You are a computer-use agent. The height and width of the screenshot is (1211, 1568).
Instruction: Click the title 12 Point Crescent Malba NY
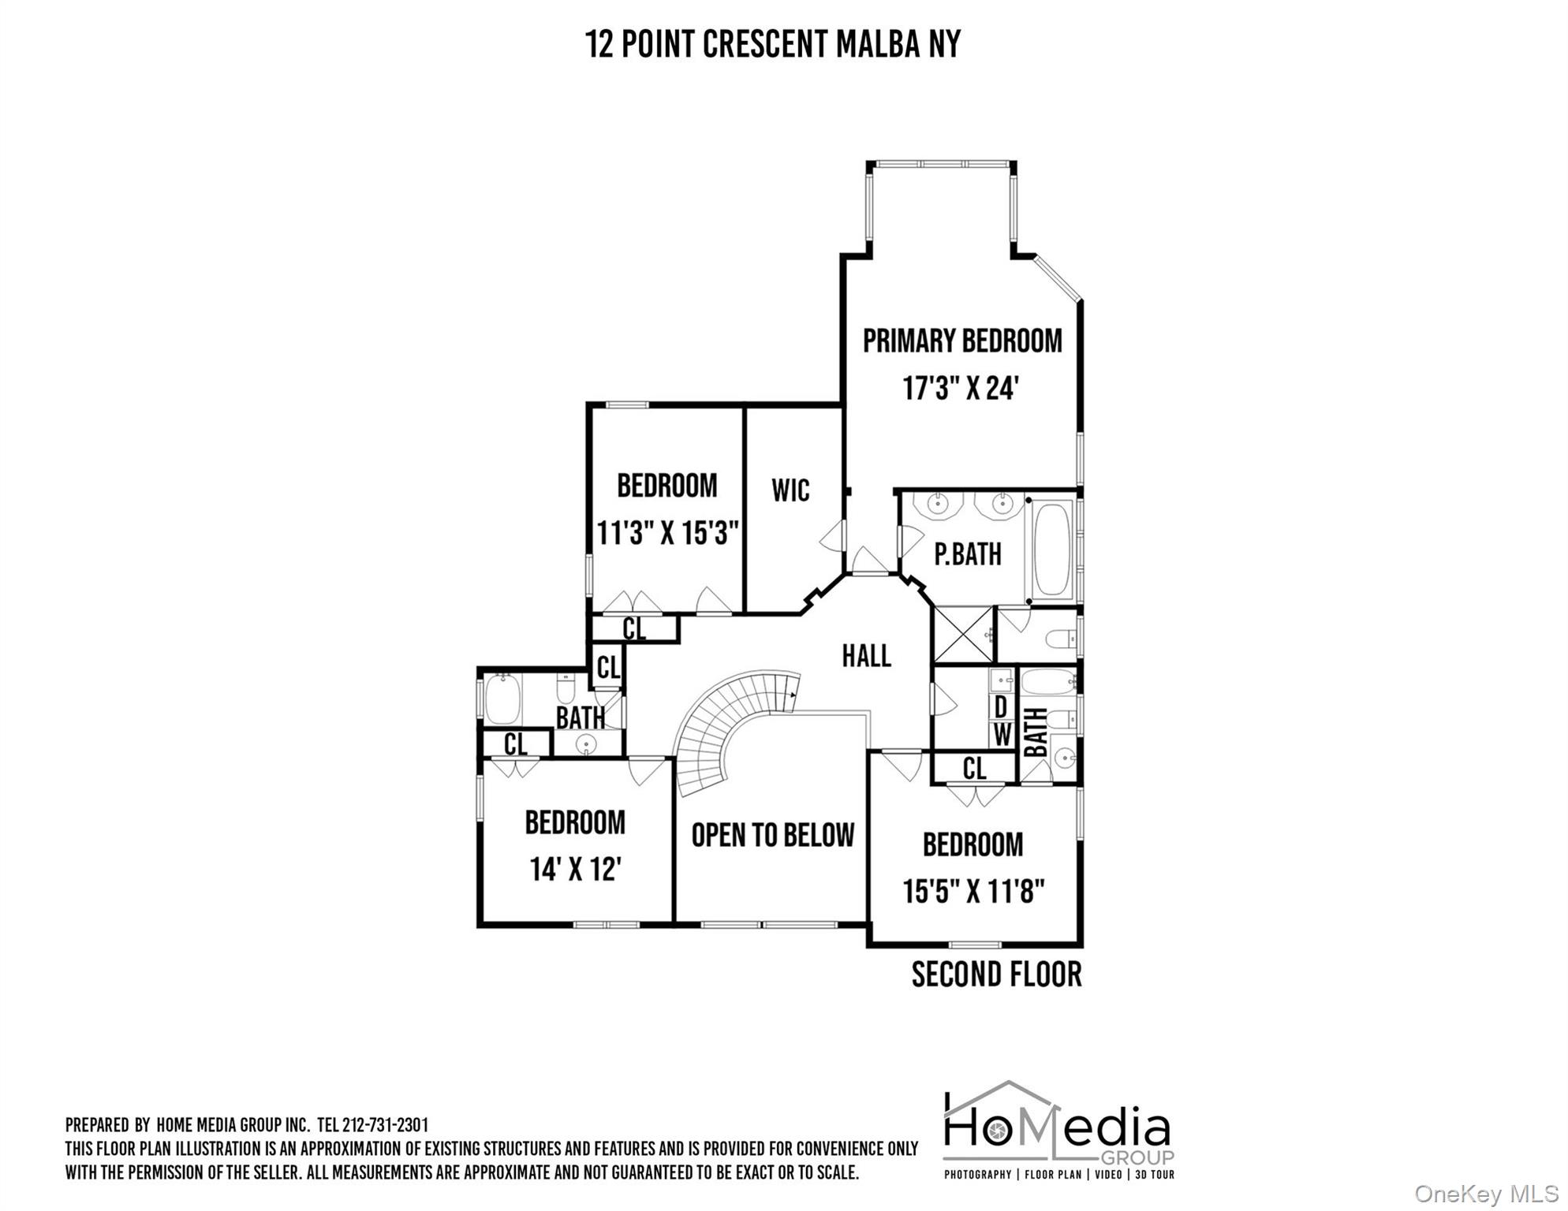(773, 44)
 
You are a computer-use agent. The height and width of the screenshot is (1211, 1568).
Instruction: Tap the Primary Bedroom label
(962, 341)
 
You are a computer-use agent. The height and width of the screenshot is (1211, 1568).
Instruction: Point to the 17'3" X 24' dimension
(961, 388)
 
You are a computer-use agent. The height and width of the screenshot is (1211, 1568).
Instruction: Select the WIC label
(790, 490)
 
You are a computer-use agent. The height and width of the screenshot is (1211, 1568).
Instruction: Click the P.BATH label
(968, 554)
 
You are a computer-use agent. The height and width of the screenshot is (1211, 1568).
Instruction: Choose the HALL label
(866, 656)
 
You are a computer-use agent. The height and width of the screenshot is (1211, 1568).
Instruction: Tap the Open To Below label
(773, 835)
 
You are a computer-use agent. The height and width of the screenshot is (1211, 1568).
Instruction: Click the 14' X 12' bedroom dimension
(576, 870)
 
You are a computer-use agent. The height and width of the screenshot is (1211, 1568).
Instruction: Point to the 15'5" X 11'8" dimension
(974, 892)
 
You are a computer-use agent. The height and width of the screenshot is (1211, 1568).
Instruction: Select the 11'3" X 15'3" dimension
(667, 533)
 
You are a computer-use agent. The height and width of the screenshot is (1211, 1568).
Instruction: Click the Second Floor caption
(997, 974)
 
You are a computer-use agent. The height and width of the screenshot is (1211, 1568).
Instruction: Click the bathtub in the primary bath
(1053, 550)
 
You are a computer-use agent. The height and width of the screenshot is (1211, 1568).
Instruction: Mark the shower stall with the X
(963, 635)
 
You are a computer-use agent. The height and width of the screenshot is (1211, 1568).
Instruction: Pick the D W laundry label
(1001, 721)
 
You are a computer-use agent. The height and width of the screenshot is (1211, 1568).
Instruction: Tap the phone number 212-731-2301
(385, 1125)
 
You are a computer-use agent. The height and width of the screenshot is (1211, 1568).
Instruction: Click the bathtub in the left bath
(502, 699)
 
